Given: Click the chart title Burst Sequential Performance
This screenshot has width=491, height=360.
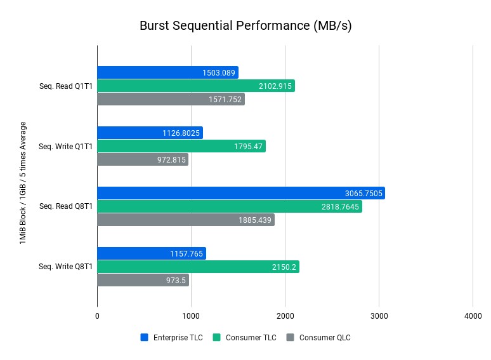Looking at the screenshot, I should pyautogui.click(x=245, y=26).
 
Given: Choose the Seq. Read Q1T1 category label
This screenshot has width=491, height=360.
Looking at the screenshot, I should pyautogui.click(x=66, y=86).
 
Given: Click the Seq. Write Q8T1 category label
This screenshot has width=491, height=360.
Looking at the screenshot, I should pyautogui.click(x=65, y=267).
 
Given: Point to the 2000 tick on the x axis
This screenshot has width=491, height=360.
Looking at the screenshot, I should pyautogui.click(x=285, y=316).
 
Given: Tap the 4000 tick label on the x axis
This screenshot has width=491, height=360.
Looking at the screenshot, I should pyautogui.click(x=472, y=316).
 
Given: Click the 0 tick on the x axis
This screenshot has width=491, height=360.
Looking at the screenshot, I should pyautogui.click(x=97, y=316).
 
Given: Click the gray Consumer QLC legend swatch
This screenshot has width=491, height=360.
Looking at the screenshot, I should pyautogui.click(x=291, y=338).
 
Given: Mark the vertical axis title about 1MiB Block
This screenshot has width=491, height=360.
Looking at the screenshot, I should pyautogui.click(x=23, y=183).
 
